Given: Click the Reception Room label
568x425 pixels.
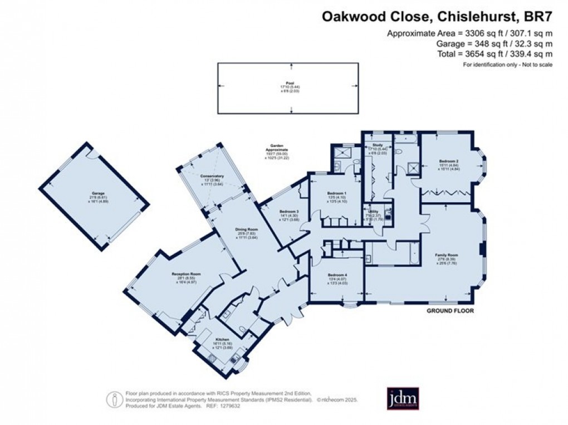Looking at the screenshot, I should click(186, 274).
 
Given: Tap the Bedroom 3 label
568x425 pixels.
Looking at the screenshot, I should click(289, 212).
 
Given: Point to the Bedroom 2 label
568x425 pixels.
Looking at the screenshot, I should click(449, 163).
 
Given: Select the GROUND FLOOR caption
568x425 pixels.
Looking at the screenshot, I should click(450, 311).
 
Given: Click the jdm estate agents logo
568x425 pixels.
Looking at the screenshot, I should click(403, 398).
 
